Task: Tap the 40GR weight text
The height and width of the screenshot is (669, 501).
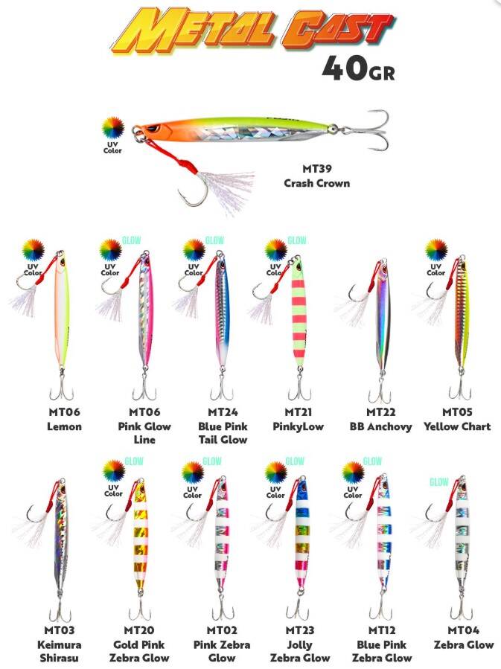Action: point(359,68)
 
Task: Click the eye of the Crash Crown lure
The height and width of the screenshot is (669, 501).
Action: point(153,129)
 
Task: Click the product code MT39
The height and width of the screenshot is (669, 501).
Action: point(316,168)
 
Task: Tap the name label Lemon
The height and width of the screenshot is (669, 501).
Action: point(64,426)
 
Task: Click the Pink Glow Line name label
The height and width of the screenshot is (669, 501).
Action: point(144,432)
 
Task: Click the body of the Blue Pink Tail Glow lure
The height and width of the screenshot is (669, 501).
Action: point(223,312)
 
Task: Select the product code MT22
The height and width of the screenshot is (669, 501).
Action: point(380,412)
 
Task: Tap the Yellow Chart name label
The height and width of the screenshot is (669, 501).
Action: point(457,426)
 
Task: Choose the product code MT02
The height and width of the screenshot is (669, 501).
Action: point(222,630)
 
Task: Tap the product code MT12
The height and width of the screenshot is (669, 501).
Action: point(381,630)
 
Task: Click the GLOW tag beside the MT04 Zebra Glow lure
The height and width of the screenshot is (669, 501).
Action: point(439,482)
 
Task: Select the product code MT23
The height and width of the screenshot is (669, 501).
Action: point(299,630)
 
